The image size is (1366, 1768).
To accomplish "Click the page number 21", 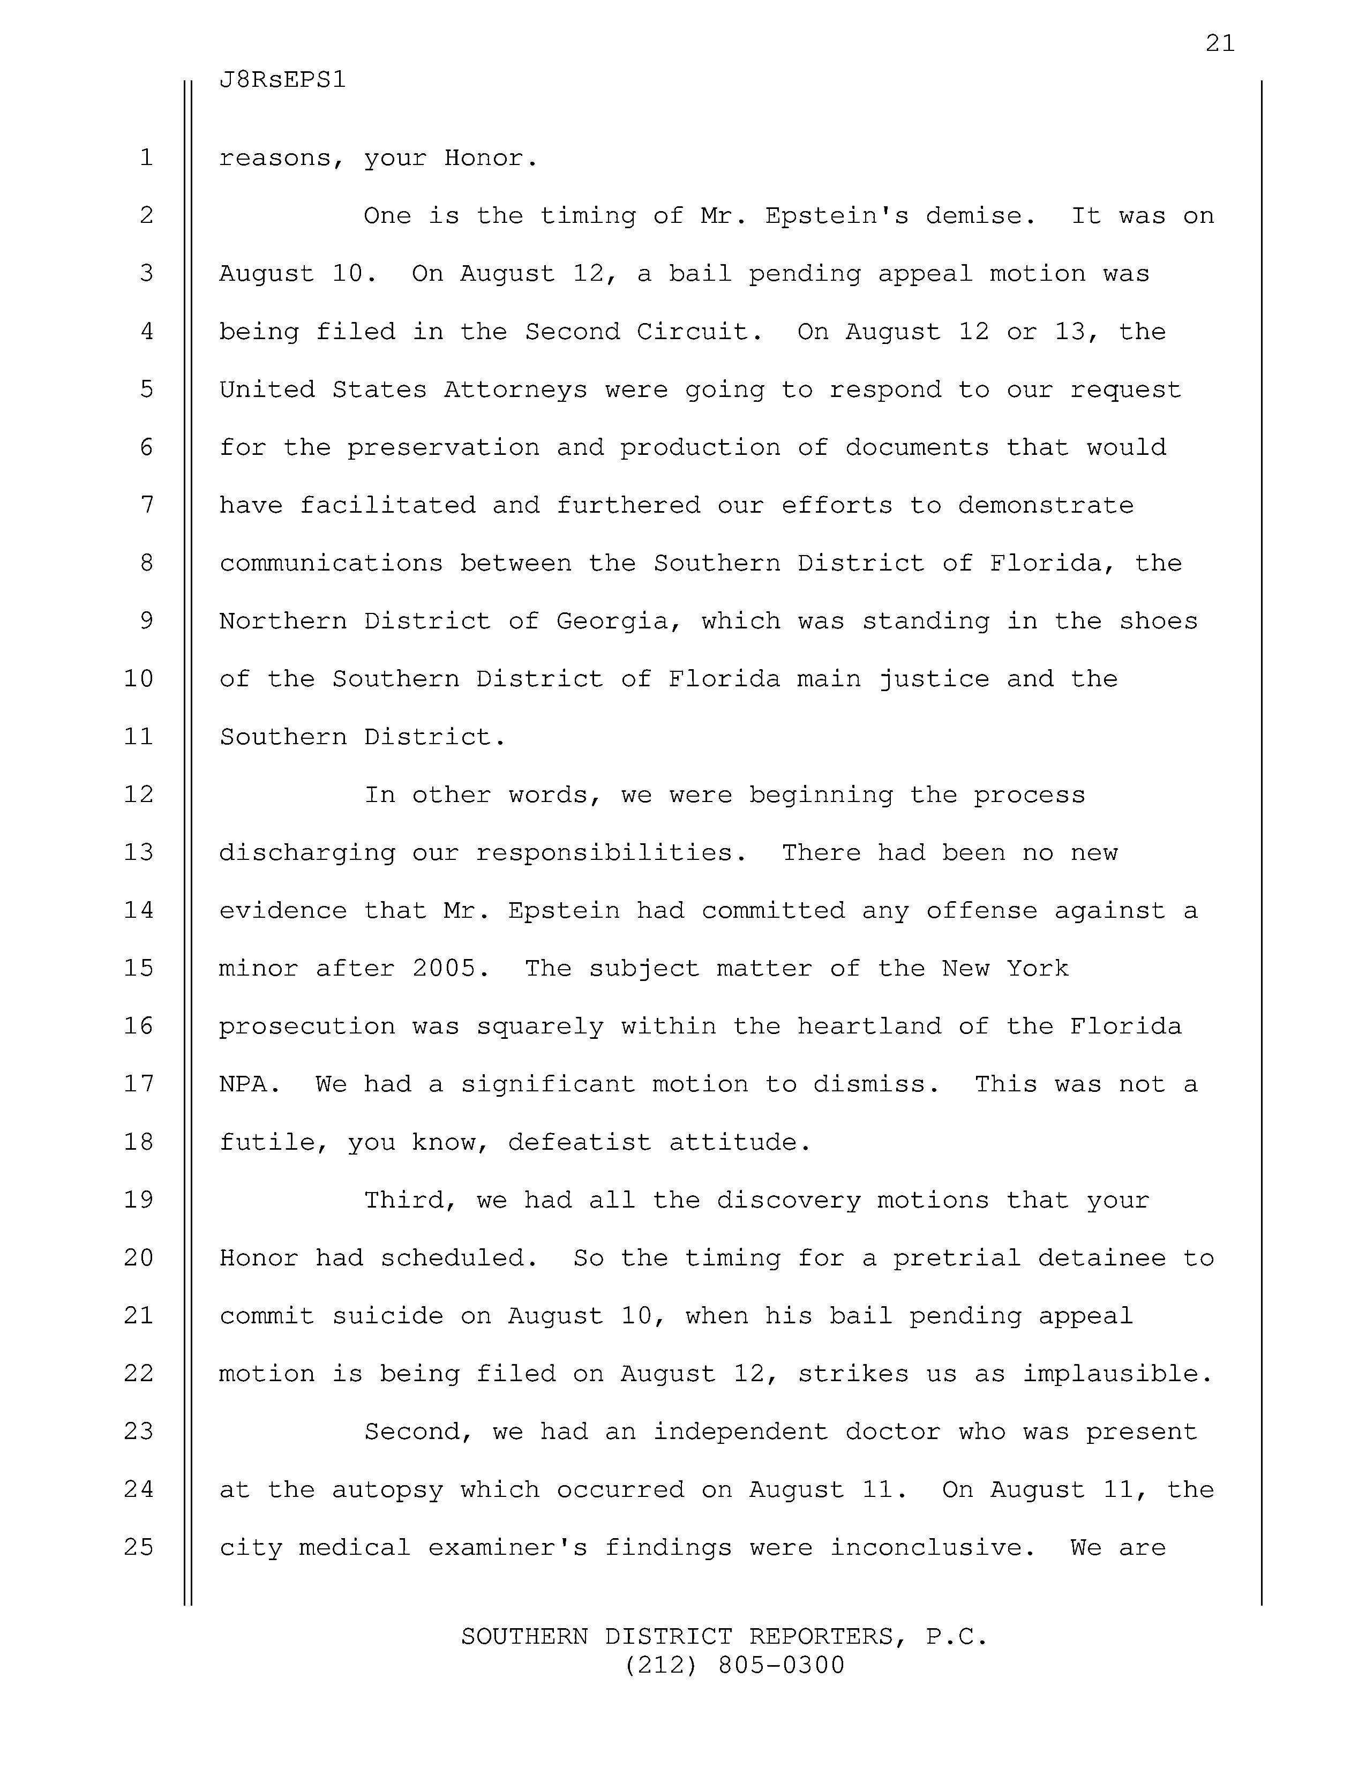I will [x=1220, y=44].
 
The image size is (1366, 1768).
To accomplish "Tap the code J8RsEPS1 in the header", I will [x=282, y=80].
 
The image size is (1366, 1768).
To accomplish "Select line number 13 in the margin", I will [x=139, y=852].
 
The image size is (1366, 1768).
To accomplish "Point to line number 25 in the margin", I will [x=139, y=1547].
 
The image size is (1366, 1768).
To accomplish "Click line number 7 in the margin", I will [x=146, y=505].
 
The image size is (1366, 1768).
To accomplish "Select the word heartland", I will [x=868, y=1027].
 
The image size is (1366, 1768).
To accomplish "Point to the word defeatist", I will [x=580, y=1142].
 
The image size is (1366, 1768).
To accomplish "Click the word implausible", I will [x=1117, y=1374].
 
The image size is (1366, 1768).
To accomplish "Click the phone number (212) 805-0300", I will [x=735, y=1665].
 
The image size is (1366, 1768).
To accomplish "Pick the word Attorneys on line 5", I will [x=515, y=390].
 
